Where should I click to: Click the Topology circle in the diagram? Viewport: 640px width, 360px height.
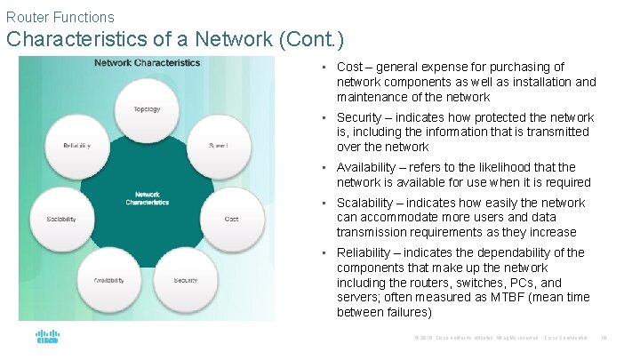147,109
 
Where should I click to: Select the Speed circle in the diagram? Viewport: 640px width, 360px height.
218,145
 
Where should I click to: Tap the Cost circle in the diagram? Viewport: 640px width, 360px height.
231,218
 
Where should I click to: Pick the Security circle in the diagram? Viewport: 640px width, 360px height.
186,280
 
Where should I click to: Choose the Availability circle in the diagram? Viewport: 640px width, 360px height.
109,280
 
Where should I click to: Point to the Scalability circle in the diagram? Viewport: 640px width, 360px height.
61,218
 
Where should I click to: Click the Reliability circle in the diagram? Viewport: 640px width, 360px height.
76,145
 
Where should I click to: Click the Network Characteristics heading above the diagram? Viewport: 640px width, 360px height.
148,63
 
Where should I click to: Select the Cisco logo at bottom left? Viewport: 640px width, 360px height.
47,338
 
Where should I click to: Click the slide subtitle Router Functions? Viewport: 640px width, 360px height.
60,17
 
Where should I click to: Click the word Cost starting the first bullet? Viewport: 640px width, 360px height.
349,67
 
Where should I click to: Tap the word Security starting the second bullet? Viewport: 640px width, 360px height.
359,117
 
